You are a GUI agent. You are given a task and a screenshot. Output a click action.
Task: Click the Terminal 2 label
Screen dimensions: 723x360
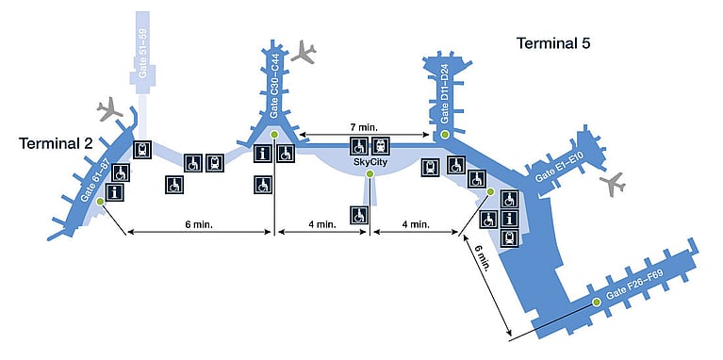[56, 143]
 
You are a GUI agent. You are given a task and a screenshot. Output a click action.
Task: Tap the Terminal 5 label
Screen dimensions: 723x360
[553, 43]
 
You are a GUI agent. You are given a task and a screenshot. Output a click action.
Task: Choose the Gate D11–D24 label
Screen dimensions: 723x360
[445, 93]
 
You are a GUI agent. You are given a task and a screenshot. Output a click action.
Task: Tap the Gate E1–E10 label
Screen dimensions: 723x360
[560, 170]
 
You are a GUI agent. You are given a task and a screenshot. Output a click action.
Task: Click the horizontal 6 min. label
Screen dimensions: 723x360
[199, 224]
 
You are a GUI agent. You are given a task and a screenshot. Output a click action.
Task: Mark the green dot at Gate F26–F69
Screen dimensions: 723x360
[597, 302]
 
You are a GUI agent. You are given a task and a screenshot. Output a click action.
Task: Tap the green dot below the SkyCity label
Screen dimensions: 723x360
[370, 173]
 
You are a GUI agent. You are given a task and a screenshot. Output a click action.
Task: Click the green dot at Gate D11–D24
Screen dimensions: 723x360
[445, 135]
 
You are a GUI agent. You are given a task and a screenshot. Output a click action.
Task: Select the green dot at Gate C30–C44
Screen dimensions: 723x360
[274, 134]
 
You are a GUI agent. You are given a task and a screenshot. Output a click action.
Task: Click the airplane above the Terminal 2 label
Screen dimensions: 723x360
[109, 108]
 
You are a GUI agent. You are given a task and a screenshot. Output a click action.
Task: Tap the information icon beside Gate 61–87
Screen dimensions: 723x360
[114, 191]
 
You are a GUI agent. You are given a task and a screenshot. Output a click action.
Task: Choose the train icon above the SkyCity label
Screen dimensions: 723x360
[381, 146]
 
